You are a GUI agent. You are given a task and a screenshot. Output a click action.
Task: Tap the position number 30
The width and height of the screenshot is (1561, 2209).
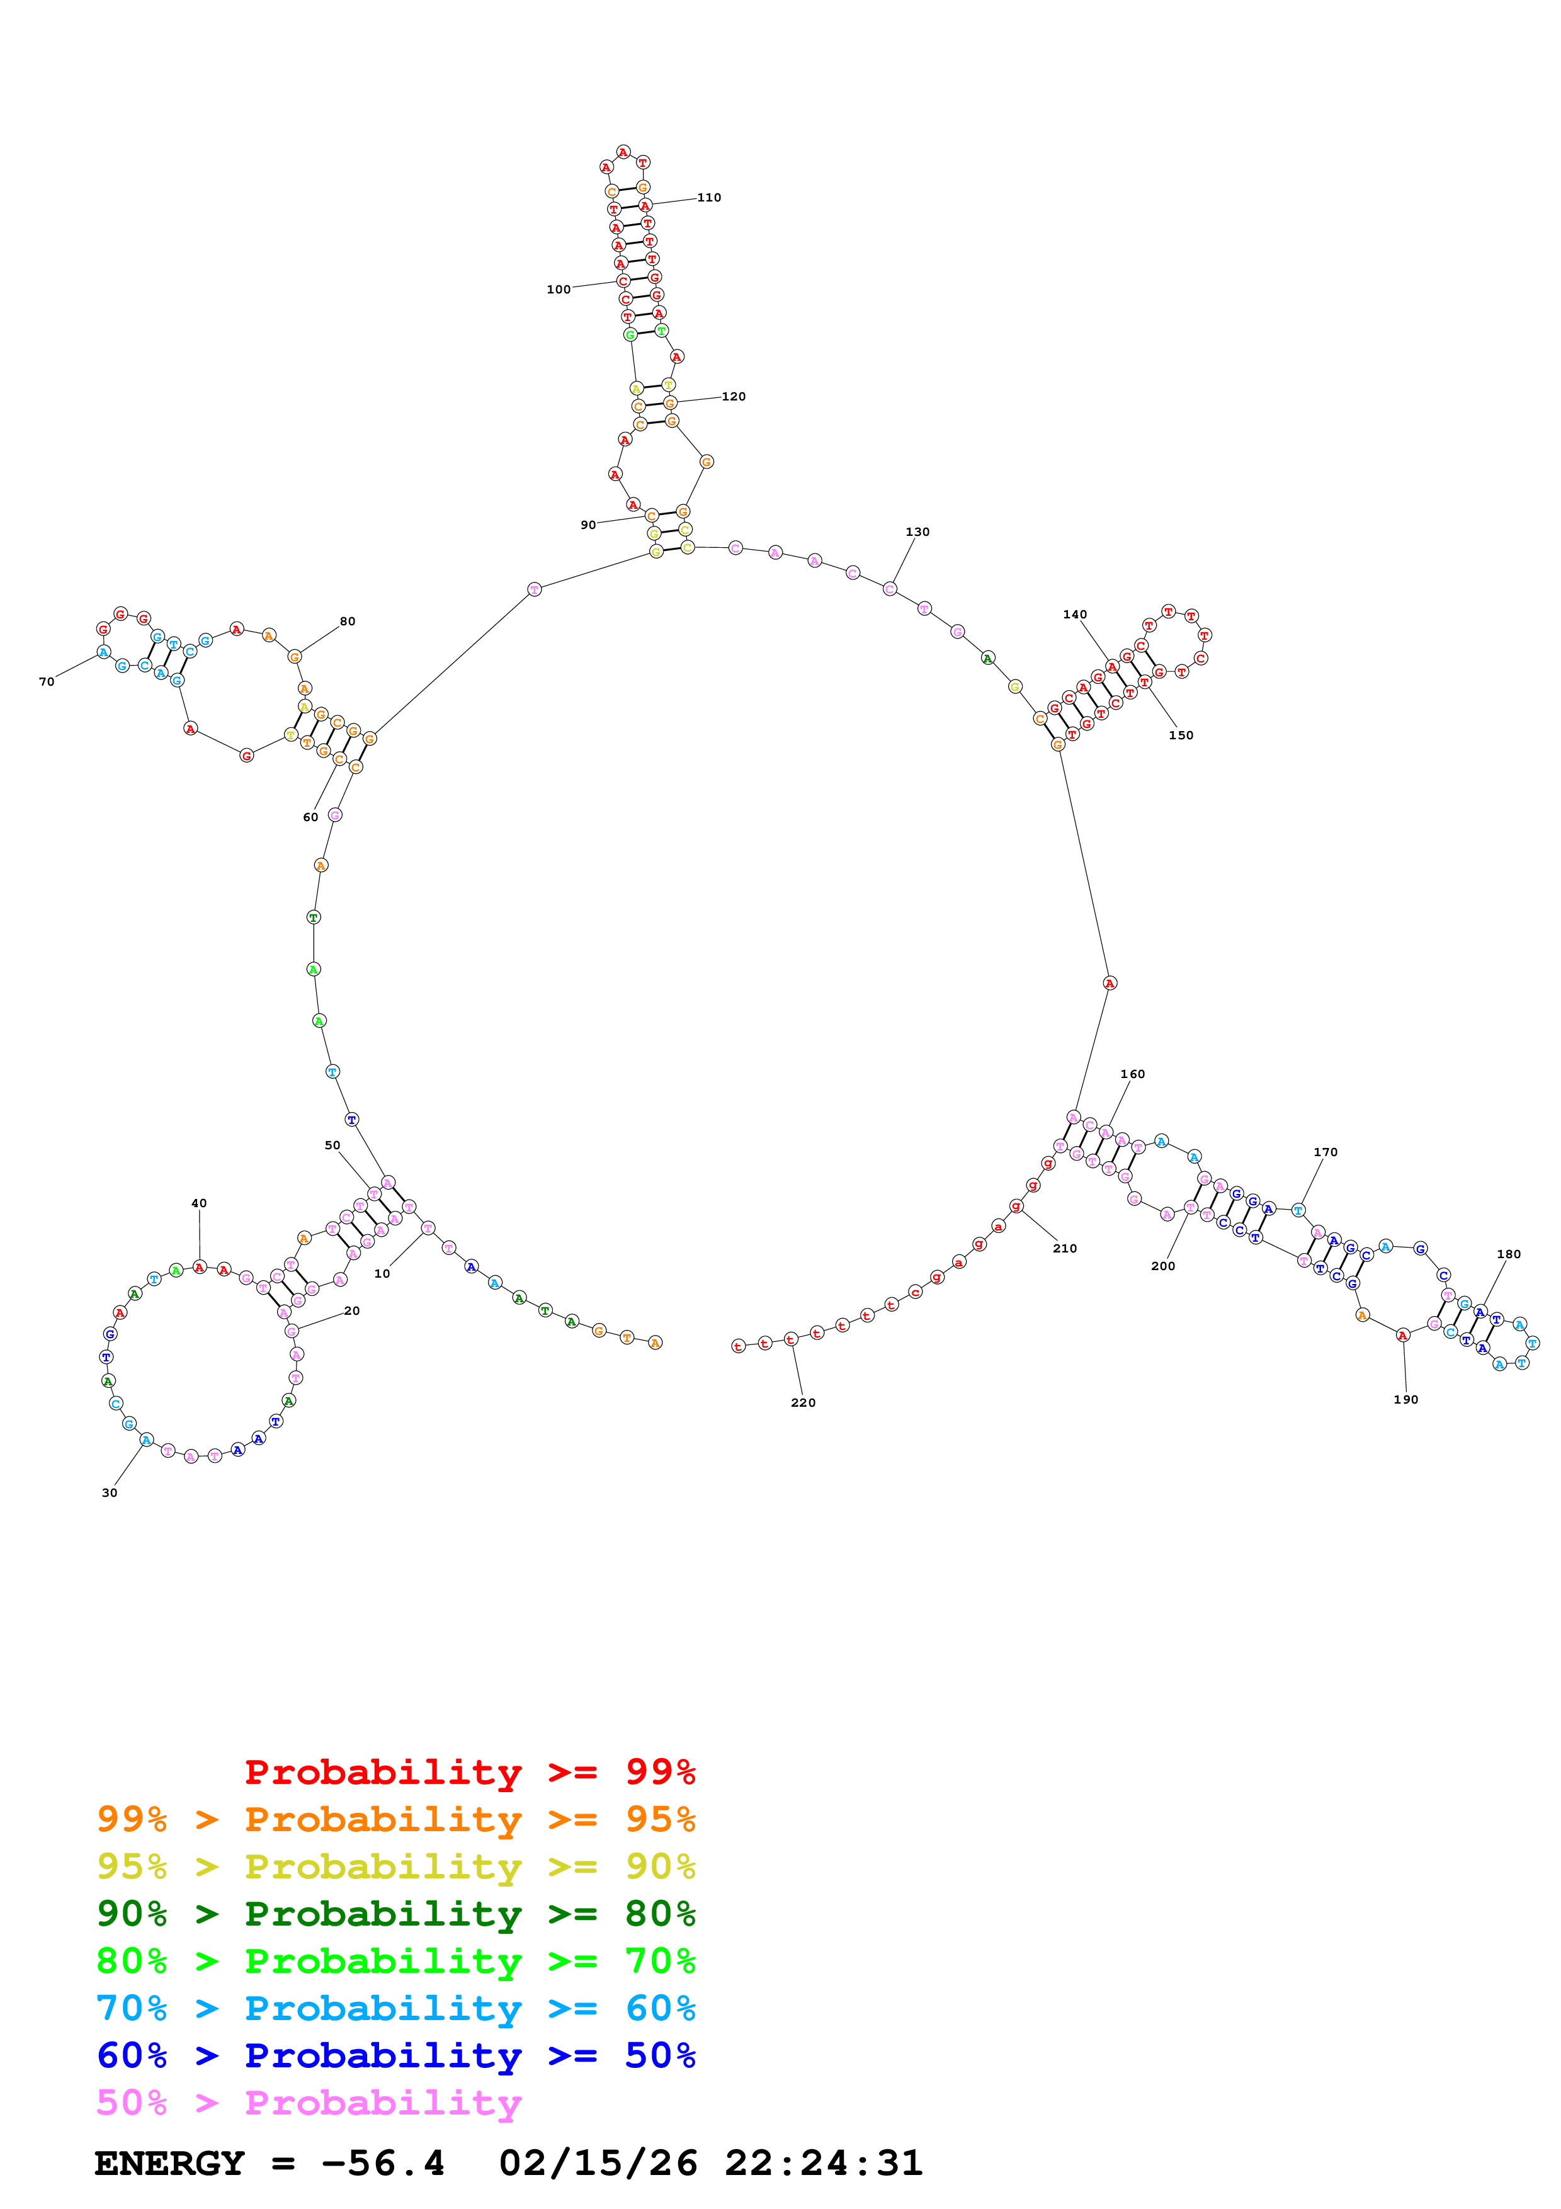point(110,1492)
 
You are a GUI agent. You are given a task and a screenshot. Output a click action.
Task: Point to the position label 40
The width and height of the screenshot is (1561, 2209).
point(199,1203)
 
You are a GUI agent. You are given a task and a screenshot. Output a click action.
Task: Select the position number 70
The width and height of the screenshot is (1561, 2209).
point(46,681)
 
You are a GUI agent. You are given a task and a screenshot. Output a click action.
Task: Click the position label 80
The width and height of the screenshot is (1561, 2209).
point(347,622)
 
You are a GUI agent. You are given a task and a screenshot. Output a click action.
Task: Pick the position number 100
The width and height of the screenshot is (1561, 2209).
point(559,288)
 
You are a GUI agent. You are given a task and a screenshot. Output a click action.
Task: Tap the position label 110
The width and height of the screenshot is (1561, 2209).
point(709,197)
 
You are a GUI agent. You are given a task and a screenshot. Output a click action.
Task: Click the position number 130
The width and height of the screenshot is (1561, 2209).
point(917,531)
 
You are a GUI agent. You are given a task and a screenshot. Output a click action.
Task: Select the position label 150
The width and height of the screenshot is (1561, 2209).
point(1181,735)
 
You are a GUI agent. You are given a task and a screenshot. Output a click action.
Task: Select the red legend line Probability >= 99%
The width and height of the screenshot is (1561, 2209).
point(470,1771)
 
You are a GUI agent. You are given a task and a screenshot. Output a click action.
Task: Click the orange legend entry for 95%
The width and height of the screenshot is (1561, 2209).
point(396,1819)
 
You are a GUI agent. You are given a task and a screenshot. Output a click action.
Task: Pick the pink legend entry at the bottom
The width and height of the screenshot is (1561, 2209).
point(309,2101)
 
